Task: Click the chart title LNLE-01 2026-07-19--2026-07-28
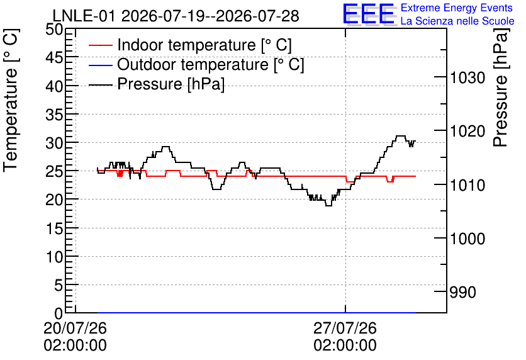(x=176, y=16)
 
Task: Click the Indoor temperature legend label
(x=204, y=45)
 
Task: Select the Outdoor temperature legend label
(x=210, y=64)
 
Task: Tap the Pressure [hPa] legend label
(x=171, y=84)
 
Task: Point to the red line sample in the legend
(x=100, y=45)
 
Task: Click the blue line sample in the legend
(x=100, y=65)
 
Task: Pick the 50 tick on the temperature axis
(x=54, y=30)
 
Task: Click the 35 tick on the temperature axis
(x=54, y=115)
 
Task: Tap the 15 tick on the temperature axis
(x=54, y=229)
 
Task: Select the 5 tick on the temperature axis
(x=59, y=286)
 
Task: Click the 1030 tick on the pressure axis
(x=467, y=78)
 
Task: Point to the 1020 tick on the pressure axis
(x=467, y=131)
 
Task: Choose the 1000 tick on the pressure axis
(x=467, y=239)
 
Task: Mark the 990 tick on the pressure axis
(x=462, y=292)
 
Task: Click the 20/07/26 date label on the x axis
(x=75, y=328)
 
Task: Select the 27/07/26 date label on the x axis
(x=345, y=328)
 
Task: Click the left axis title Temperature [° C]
(x=11, y=100)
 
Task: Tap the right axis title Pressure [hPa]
(x=501, y=87)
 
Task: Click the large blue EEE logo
(x=369, y=14)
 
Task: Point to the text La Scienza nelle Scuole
(x=457, y=21)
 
